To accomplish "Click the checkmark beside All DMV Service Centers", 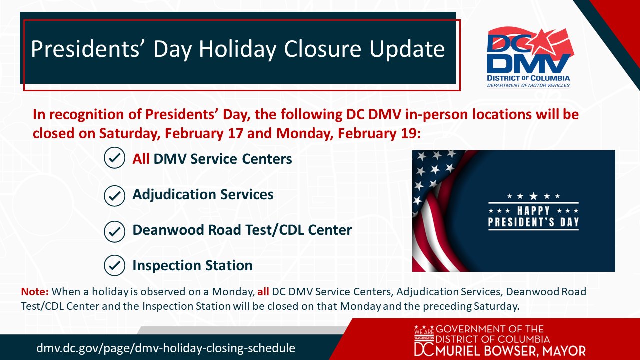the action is click(x=114, y=157).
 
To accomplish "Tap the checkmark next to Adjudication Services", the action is click(x=114, y=196).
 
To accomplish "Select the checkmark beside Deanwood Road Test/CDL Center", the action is click(x=114, y=231).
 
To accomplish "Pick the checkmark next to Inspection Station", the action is click(x=114, y=265).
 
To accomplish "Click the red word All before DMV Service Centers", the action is click(x=141, y=159).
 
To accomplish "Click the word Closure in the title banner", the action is click(x=322, y=49).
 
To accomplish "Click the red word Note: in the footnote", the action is click(x=35, y=292).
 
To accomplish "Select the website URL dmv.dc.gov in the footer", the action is click(x=165, y=348).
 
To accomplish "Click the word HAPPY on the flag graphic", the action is click(x=533, y=211).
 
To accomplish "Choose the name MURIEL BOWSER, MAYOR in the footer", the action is click(x=511, y=351).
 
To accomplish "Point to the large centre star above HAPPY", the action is click(x=533, y=196).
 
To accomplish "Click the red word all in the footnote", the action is click(x=263, y=292).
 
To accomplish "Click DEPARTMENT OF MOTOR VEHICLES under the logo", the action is click(x=528, y=85).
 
